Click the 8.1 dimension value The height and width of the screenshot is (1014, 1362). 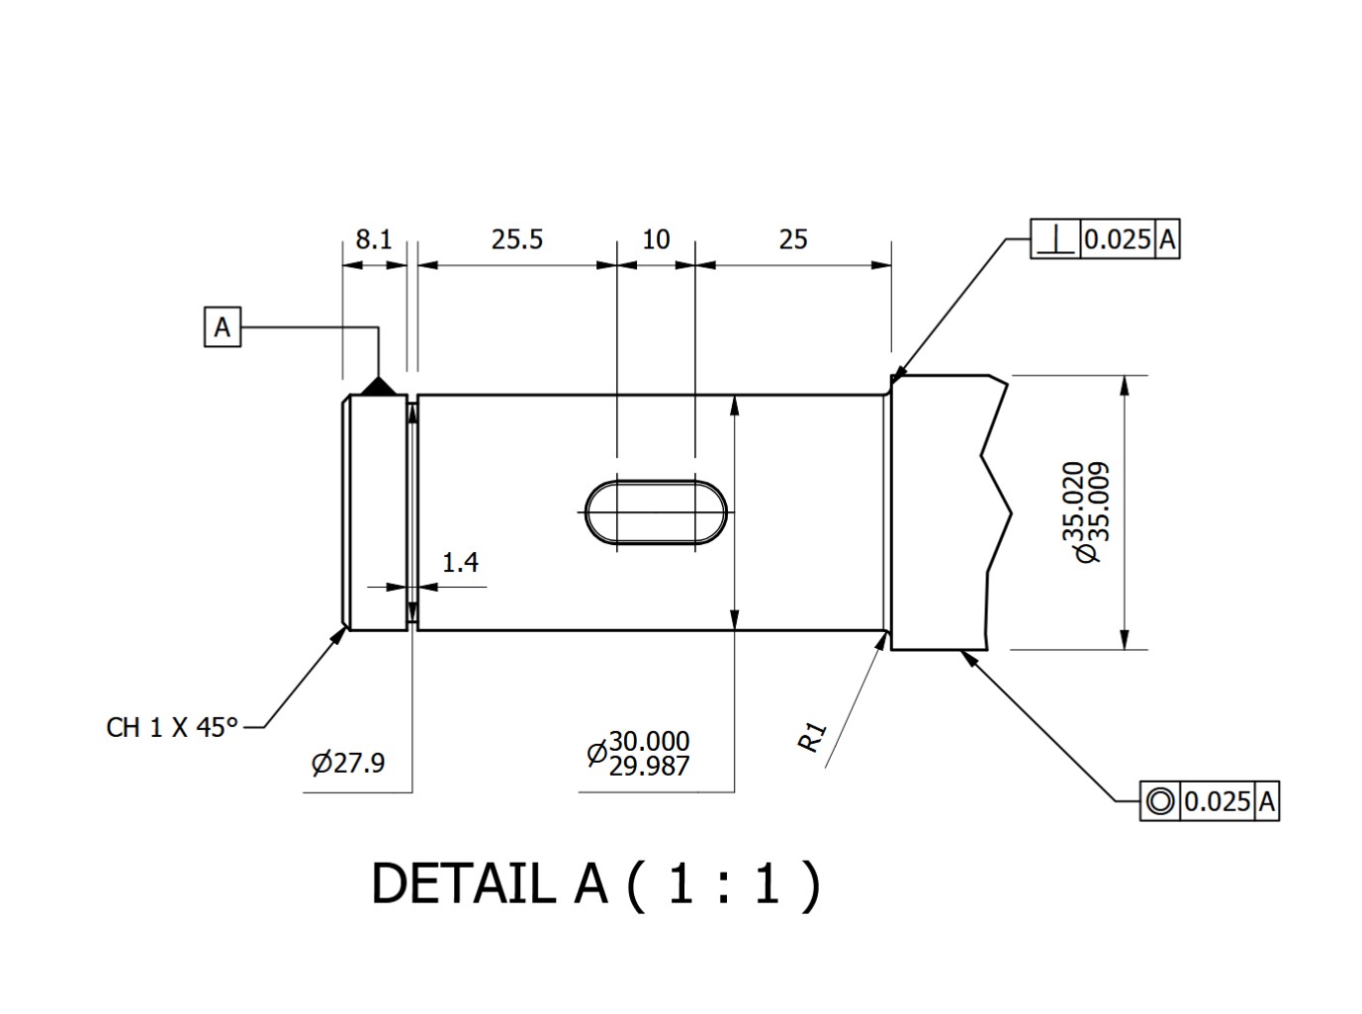pos(374,239)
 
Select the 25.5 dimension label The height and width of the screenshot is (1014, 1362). pos(517,239)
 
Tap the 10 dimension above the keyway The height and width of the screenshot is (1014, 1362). pos(656,239)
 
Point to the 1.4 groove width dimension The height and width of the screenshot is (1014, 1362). pos(460,563)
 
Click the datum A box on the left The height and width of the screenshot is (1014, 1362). pos(223,327)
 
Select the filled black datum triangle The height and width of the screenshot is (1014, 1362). pos(377,387)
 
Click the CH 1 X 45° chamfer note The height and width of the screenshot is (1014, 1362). pos(172,727)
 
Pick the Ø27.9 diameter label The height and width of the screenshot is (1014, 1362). pos(348,763)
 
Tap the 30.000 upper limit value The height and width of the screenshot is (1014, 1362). pos(649,741)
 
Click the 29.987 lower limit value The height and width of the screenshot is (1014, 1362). pos(649,766)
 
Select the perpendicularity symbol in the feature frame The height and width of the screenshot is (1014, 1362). pos(1056,239)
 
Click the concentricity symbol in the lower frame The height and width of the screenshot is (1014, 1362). pos(1160,800)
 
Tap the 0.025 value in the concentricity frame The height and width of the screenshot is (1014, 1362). pos(1218,800)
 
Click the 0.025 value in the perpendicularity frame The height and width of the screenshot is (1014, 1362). pos(1118,239)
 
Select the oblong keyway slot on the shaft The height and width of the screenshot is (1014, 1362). pos(656,512)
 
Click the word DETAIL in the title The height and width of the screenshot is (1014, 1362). pos(463,883)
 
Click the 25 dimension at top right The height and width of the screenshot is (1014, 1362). pos(793,239)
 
